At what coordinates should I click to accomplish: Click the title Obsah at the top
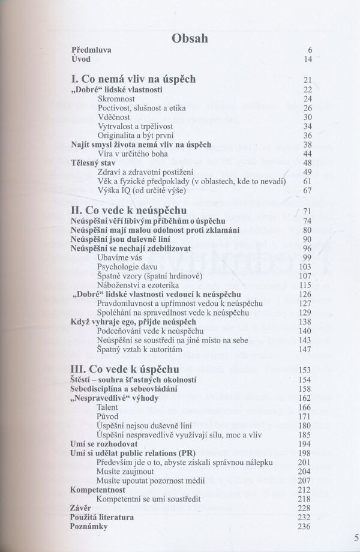190,39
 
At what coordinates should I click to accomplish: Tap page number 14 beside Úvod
308,61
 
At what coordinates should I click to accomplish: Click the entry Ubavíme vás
118,257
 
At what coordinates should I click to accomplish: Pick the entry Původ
108,416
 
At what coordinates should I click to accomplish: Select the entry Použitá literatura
103,517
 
